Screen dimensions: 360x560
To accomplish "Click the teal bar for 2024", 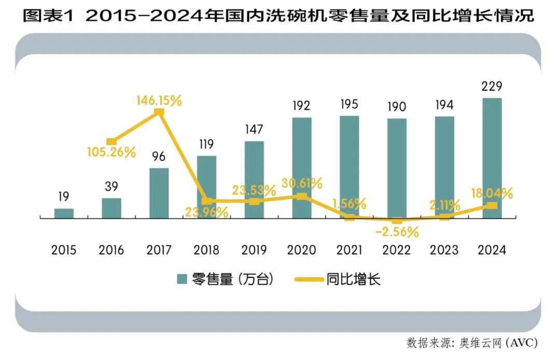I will point(492,158).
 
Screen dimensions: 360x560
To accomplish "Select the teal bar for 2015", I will point(64,213).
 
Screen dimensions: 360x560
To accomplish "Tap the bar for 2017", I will point(159,193).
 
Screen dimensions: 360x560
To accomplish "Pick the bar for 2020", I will point(301,168).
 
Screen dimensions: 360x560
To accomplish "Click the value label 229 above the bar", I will point(492,86).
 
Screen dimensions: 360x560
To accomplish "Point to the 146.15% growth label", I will point(159,101).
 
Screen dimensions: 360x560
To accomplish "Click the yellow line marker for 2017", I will point(160,112).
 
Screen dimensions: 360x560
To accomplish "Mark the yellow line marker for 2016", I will point(111,142).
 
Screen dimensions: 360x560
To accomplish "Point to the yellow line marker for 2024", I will point(492,205).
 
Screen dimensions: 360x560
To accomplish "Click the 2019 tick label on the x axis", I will point(254,250).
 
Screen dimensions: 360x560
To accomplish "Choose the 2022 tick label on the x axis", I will point(397,250).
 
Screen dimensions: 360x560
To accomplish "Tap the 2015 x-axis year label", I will point(64,250).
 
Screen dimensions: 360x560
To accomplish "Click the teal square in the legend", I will point(181,280).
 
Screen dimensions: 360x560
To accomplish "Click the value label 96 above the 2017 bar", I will point(159,156).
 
